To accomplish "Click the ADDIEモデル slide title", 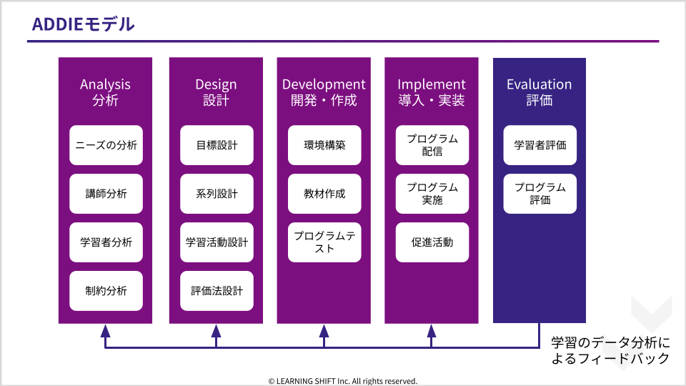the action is tap(83, 24).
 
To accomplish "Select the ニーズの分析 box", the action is tap(106, 145).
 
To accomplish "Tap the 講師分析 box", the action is tap(106, 194).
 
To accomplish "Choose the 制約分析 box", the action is tap(106, 291).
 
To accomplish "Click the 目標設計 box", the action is tap(217, 145).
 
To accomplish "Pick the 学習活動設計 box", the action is tap(217, 242).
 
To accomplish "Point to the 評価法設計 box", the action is tap(217, 291).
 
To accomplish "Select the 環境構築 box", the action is tap(324, 145).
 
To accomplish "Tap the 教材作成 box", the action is tap(324, 194).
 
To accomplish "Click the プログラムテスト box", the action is tap(324, 242).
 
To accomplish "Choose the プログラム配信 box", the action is tap(432, 145).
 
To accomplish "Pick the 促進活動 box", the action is tap(432, 242).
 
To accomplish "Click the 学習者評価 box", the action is tap(540, 145).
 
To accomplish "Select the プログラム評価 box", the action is tap(540, 194).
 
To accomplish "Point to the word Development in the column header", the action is tap(324, 84).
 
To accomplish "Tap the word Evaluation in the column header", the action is tap(539, 84).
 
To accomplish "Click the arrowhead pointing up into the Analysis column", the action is tap(105, 331).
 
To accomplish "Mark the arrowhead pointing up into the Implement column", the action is tap(432, 331).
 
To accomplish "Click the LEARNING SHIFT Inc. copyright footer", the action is tap(342, 381).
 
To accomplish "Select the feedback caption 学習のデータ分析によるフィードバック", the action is tap(610, 350).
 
